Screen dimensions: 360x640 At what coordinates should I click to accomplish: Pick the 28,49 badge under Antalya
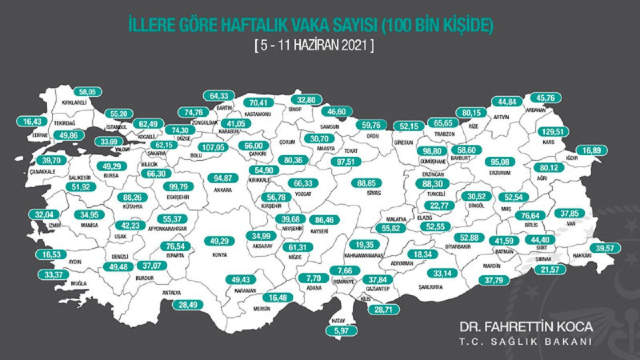click(x=187, y=305)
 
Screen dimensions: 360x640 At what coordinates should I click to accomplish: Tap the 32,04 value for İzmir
click(x=43, y=215)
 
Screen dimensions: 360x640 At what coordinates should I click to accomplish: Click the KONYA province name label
click(x=219, y=254)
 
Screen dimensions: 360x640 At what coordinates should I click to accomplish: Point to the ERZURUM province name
click(x=502, y=173)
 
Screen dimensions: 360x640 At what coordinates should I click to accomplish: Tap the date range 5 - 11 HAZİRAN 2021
click(x=314, y=46)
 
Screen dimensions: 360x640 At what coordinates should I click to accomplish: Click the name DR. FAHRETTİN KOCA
click(x=526, y=327)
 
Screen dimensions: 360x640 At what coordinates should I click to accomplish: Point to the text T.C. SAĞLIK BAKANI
click(x=526, y=341)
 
